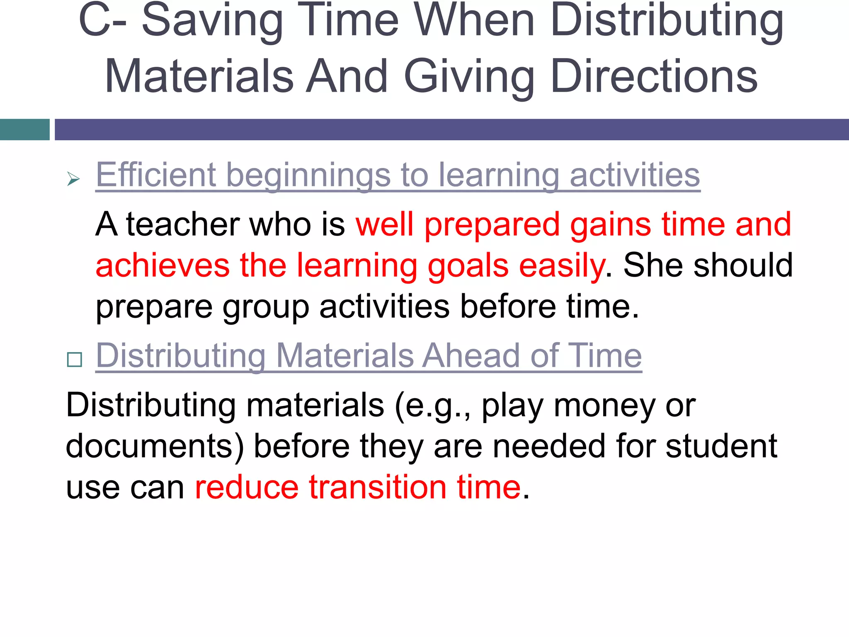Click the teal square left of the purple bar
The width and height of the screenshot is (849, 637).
(x=24, y=129)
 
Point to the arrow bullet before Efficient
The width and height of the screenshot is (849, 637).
(x=73, y=179)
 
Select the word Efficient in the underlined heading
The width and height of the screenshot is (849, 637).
(x=156, y=175)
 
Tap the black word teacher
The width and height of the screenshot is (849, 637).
(x=183, y=224)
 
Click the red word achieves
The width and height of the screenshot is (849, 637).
(x=163, y=265)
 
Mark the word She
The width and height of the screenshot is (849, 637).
(x=653, y=265)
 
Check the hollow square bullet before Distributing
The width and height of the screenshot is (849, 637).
(x=75, y=359)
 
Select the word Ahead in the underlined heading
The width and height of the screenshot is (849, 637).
(x=471, y=355)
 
